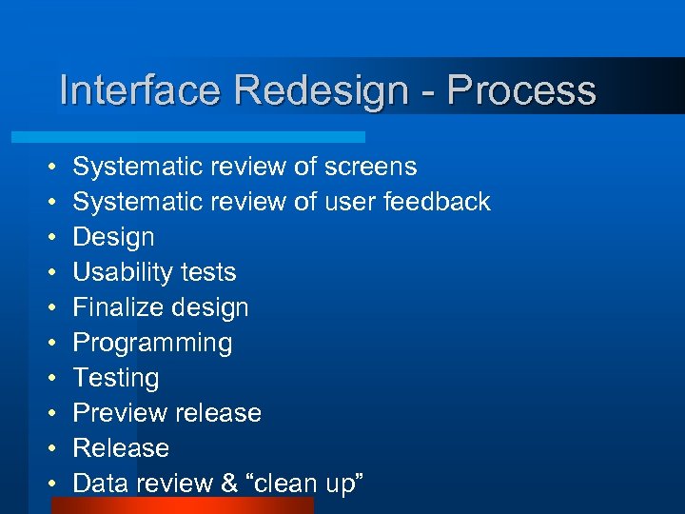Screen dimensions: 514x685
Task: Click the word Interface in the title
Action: click(x=141, y=91)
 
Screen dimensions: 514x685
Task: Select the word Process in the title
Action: click(x=521, y=91)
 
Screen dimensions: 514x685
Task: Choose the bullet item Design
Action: click(x=113, y=237)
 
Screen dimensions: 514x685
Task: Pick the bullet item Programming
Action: click(x=152, y=343)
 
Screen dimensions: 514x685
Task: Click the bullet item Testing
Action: click(x=116, y=378)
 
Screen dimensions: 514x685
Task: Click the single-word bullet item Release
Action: click(x=121, y=448)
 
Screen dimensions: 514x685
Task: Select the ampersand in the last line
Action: click(x=229, y=484)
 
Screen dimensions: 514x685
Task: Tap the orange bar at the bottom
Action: click(x=182, y=505)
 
